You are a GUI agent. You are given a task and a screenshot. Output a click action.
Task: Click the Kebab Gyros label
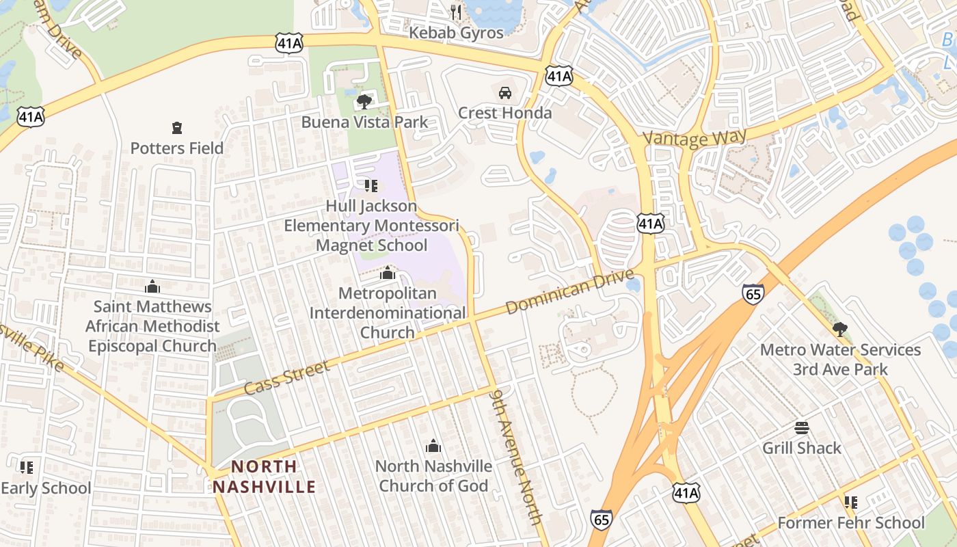pos(456,32)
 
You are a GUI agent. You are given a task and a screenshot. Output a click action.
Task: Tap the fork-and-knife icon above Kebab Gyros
pos(456,12)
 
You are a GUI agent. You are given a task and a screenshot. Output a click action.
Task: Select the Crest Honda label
pos(504,113)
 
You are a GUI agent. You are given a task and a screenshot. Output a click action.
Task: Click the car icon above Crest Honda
pos(504,92)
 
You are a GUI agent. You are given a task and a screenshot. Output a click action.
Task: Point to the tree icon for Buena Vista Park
pos(364,102)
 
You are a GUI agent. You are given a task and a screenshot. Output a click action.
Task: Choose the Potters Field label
pos(177,148)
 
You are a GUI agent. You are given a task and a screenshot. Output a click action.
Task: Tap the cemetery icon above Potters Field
pos(177,127)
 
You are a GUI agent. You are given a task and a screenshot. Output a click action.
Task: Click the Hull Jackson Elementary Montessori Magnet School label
pos(371,226)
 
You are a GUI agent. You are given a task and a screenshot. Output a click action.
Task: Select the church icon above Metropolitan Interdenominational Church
pos(388,273)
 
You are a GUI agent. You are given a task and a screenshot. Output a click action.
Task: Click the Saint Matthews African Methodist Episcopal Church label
pos(152,326)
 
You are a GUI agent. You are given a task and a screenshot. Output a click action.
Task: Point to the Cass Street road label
pos(287,377)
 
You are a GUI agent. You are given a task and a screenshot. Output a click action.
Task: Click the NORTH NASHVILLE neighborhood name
pos(264,477)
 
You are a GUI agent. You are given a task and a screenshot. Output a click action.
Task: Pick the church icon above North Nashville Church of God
pos(433,446)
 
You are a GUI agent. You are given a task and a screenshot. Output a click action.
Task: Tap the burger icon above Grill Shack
pos(802,428)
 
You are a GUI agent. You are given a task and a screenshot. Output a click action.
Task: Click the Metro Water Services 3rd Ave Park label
pos(840,360)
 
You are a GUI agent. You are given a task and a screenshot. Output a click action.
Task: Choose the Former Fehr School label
pos(851,523)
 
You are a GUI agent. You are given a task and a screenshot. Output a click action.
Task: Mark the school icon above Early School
pos(27,468)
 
